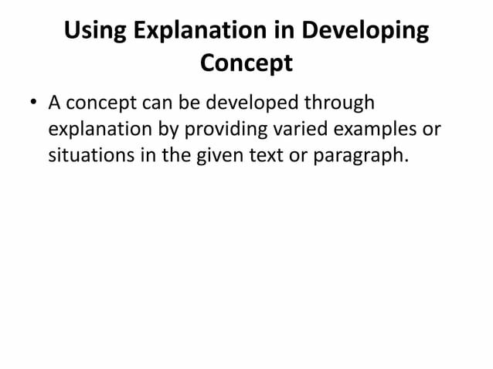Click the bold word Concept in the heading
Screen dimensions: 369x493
(246, 63)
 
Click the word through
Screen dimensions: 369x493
(341, 103)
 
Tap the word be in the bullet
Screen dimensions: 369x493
(188, 103)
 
